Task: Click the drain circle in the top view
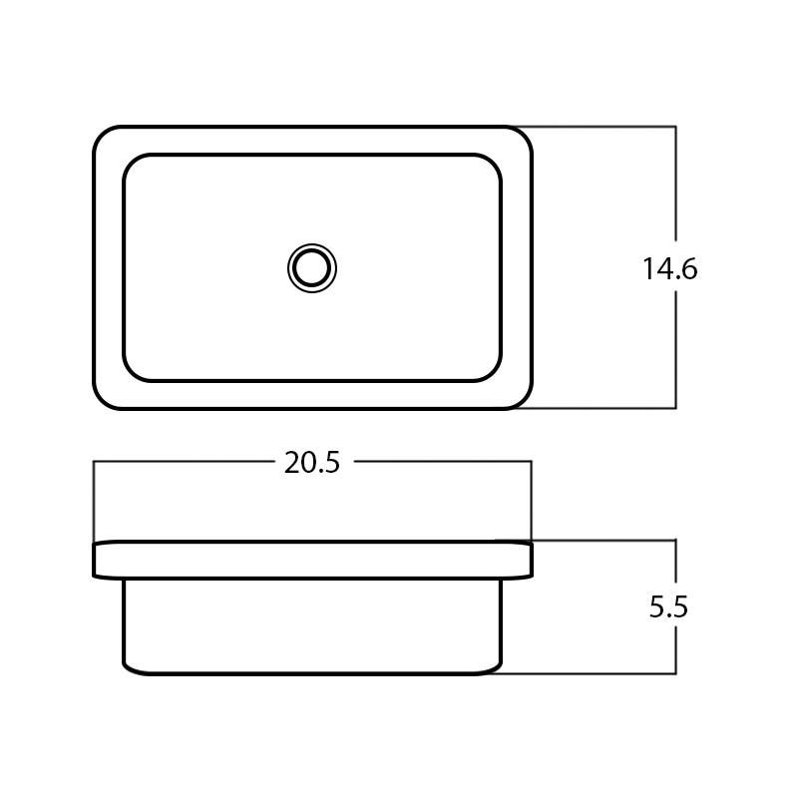[x=312, y=268]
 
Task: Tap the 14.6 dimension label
[x=669, y=269]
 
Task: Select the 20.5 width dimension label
[x=312, y=463]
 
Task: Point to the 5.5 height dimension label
[x=668, y=607]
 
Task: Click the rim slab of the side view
[x=312, y=560]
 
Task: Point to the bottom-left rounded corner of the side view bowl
[x=129, y=667]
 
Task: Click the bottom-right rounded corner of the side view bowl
[x=496, y=667]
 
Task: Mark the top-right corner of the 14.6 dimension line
[x=676, y=127]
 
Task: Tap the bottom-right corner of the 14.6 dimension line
[x=676, y=408]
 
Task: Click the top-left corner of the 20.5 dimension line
[x=94, y=462]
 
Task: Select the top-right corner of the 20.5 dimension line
[x=531, y=462]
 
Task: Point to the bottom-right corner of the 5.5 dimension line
[x=676, y=673]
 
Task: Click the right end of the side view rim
[x=530, y=560]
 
